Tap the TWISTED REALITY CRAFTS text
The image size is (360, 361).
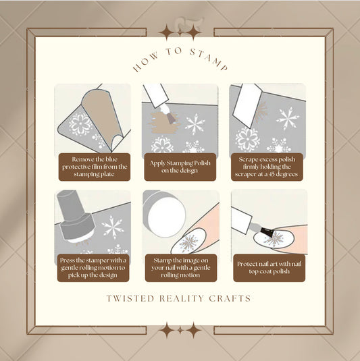180,298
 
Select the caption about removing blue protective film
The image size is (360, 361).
93,165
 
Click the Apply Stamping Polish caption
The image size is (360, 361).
180,167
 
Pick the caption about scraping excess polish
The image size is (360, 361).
267,165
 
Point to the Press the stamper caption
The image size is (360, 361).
93,268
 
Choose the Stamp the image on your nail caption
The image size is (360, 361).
180,268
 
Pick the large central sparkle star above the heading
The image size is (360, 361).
180,32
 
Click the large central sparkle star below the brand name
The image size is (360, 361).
180,330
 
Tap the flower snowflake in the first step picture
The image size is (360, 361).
80,124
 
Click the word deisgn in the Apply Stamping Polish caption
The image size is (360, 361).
196,171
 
